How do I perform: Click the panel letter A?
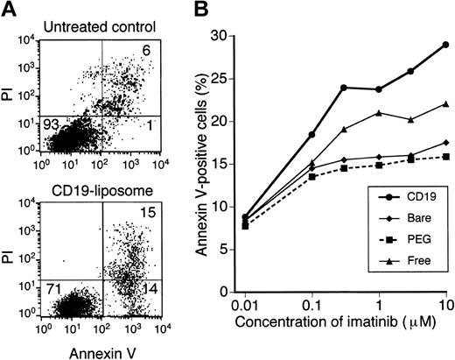point(10,11)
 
